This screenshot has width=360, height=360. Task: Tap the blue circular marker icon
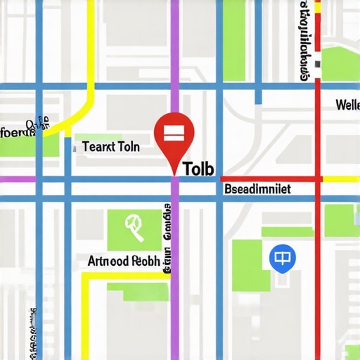(279, 259)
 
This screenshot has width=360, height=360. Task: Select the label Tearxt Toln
(111, 147)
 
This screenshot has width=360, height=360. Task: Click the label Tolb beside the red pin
(199, 169)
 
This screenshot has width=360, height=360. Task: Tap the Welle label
(347, 105)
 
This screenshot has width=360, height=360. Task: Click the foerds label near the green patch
(18, 130)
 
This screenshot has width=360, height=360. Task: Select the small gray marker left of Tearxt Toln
(74, 149)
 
